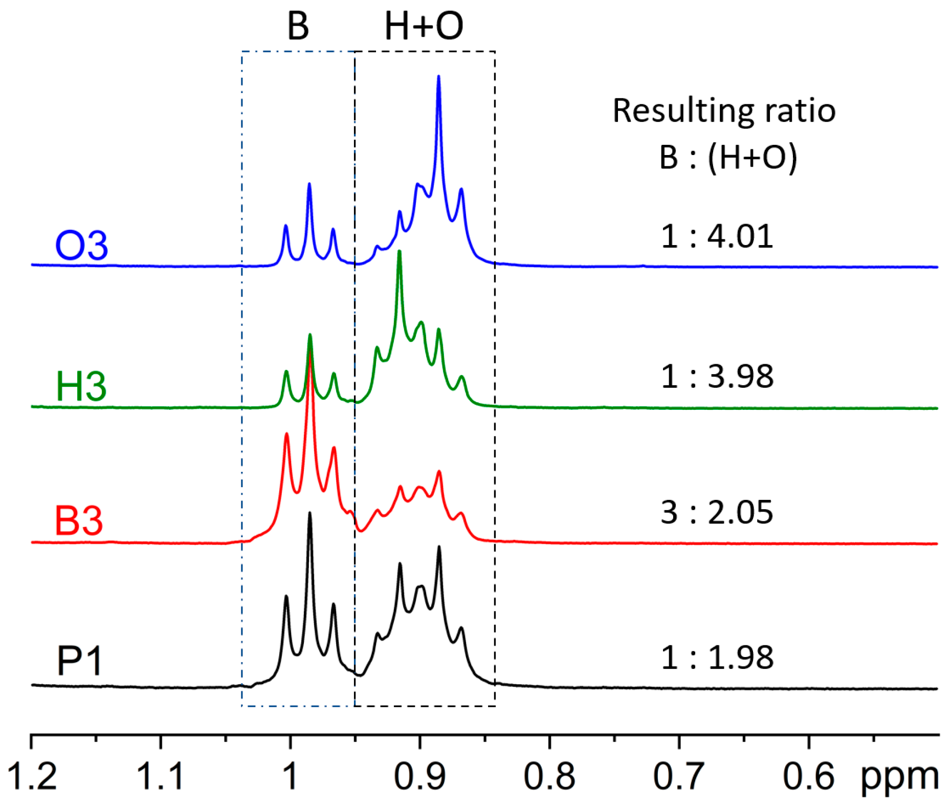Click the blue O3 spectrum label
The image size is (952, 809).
(81, 246)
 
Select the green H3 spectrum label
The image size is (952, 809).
(81, 386)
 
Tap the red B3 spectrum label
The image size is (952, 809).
(79, 521)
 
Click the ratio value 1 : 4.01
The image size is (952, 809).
(717, 236)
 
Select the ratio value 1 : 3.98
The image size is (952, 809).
(717, 377)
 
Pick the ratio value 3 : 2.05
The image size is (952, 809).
(717, 512)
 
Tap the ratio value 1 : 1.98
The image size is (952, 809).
(717, 658)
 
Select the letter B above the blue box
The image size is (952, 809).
(298, 26)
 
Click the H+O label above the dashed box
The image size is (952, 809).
(424, 26)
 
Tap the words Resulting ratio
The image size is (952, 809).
(724, 111)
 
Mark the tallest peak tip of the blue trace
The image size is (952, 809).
(438, 77)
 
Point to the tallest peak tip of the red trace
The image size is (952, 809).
(309, 351)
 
